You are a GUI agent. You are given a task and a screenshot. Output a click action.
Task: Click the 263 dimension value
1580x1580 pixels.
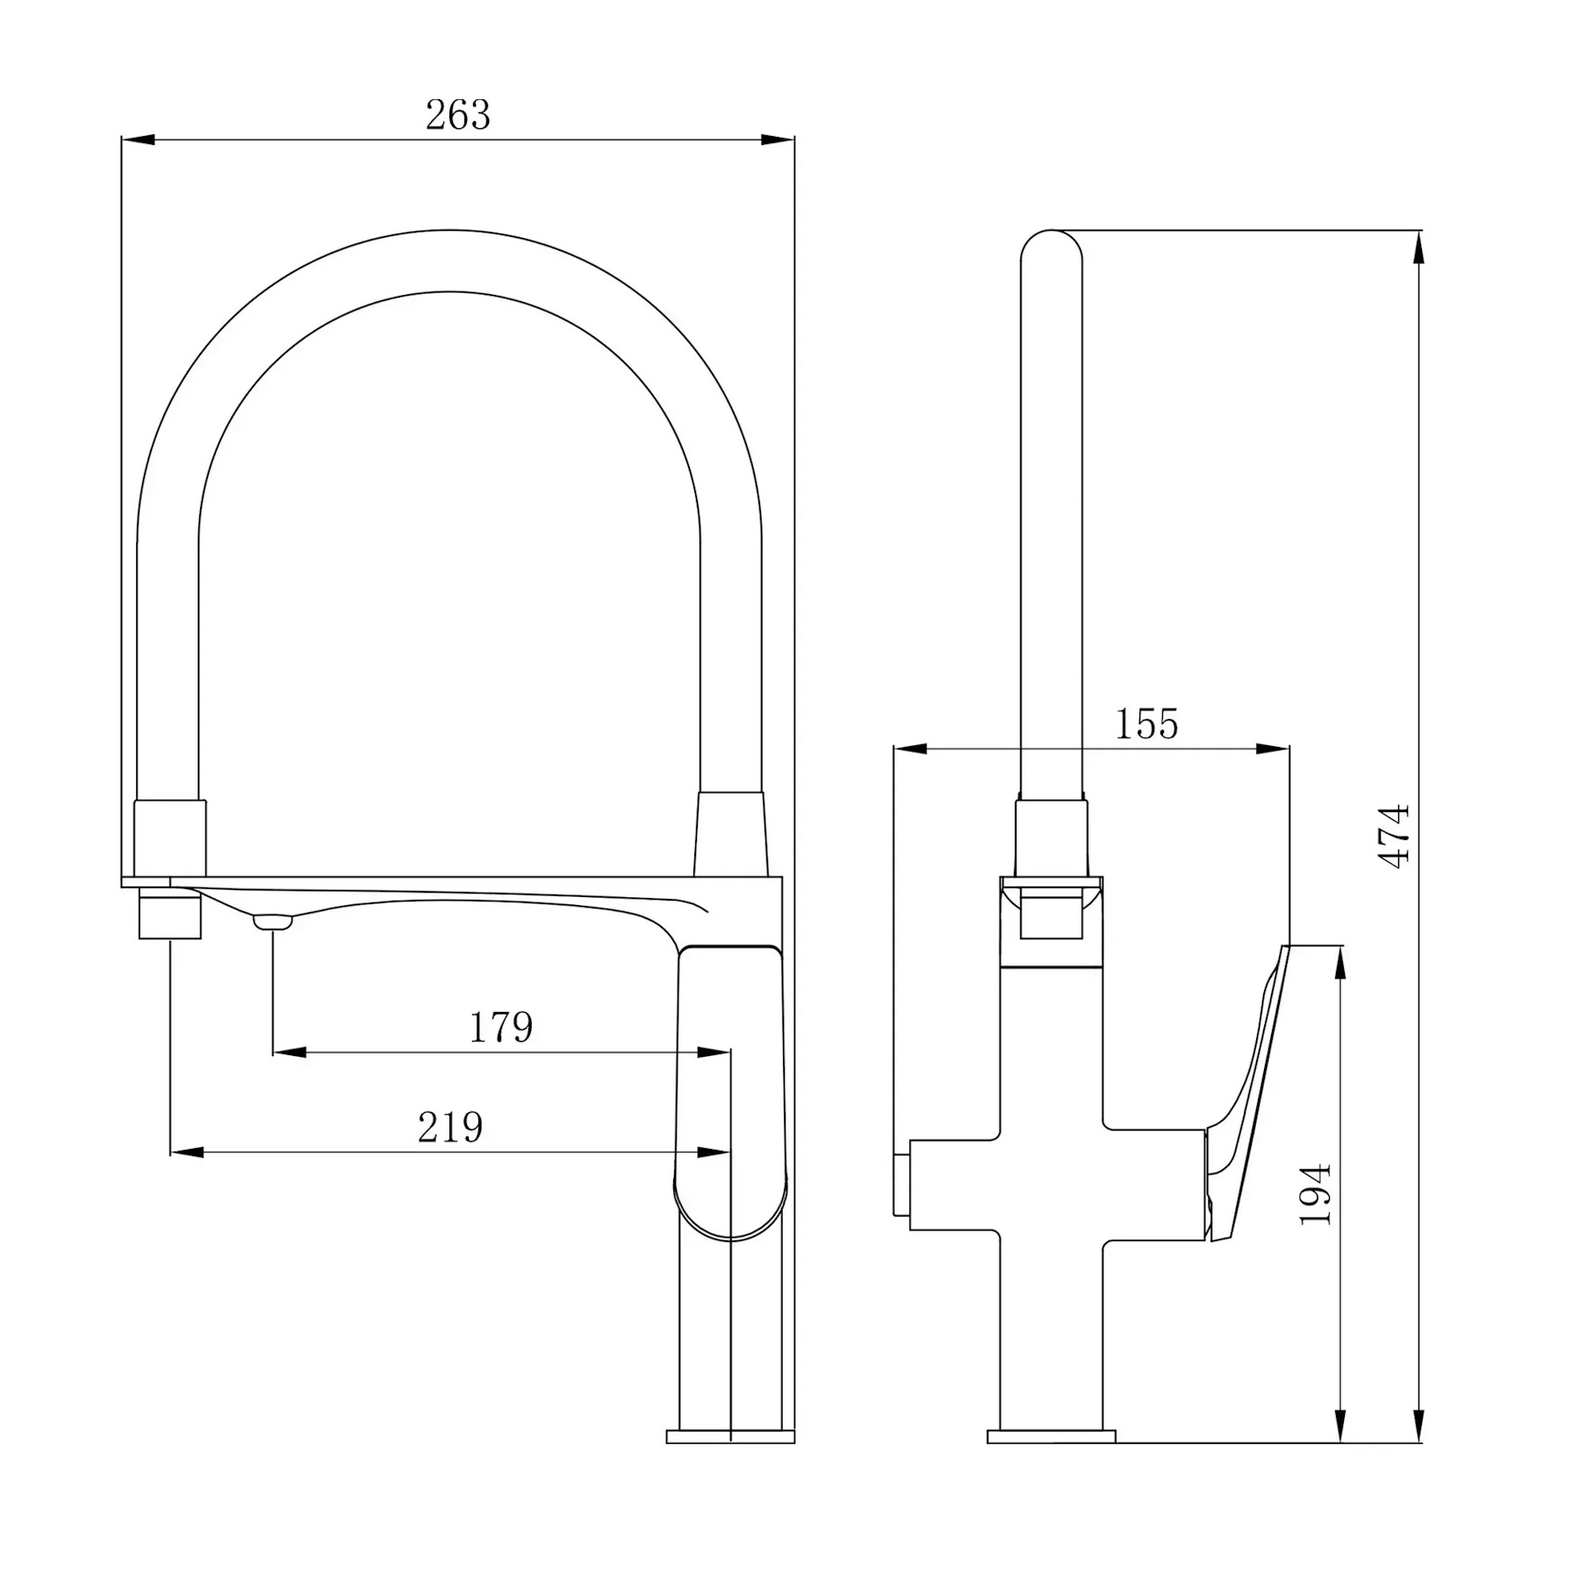457,115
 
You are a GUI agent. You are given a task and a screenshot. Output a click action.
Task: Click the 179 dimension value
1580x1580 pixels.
501,1027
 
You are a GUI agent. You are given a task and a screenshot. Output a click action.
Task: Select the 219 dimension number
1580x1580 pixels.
450,1127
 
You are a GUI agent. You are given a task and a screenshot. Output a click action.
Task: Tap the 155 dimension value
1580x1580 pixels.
1146,724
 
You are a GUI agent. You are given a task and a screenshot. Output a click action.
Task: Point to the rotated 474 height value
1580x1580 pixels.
1395,837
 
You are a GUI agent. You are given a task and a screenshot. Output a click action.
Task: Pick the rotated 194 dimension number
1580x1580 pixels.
1316,1195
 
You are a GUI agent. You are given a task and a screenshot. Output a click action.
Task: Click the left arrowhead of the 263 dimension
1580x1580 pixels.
138,140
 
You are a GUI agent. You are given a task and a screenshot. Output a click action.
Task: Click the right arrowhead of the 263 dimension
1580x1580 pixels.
778,140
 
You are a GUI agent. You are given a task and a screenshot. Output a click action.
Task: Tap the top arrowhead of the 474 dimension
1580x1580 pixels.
1418,248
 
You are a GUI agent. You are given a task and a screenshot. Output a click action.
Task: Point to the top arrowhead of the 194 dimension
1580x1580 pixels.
1339,963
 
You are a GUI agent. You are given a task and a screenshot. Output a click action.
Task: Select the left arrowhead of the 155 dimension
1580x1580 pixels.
910,749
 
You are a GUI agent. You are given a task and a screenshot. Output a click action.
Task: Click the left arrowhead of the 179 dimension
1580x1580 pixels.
290,1052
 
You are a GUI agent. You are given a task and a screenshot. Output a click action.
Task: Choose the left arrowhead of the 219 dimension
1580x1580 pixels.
187,1152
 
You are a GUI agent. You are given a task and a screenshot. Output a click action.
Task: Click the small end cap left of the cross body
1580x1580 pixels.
901,1184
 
